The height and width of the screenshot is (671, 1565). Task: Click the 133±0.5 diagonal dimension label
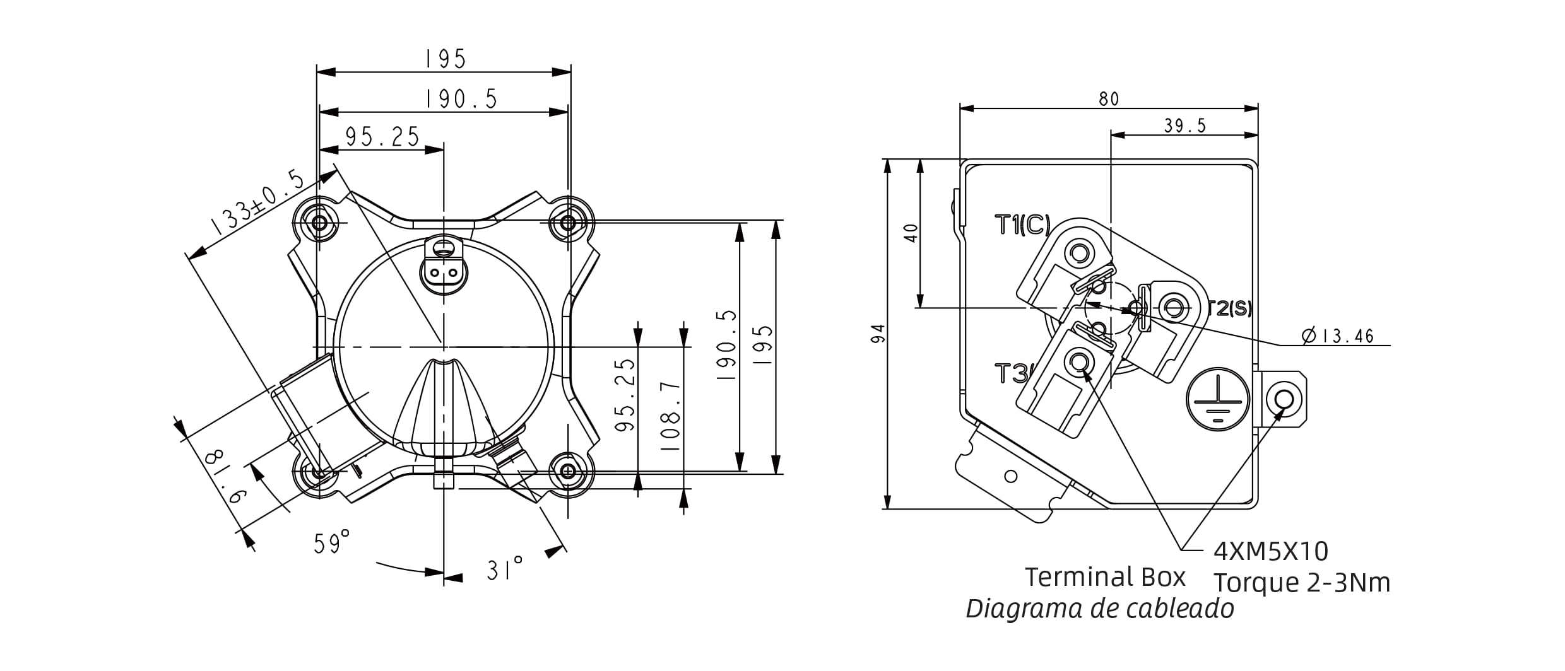pos(257,203)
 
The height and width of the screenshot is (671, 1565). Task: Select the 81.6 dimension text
pos(225,475)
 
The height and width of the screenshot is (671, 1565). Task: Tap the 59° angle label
pos(332,542)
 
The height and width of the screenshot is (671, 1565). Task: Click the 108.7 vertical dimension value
pos(671,416)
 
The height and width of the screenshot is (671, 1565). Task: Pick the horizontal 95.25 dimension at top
pos(382,137)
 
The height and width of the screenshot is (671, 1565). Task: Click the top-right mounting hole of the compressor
pos(568,222)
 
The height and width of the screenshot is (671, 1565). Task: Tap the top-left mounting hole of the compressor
pos(319,222)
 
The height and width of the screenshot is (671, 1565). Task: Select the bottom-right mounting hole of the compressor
pos(569,471)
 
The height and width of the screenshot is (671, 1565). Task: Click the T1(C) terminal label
pos(1022,225)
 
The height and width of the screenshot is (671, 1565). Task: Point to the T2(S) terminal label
pos(1230,308)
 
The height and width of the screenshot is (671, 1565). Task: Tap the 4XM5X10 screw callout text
pos(1271,551)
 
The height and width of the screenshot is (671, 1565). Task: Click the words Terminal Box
pos(1105,577)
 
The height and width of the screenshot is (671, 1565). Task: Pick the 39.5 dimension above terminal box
pos(1184,126)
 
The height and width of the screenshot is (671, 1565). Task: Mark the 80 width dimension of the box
pos(1109,99)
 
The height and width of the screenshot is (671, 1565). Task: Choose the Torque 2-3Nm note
pos(1302,583)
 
